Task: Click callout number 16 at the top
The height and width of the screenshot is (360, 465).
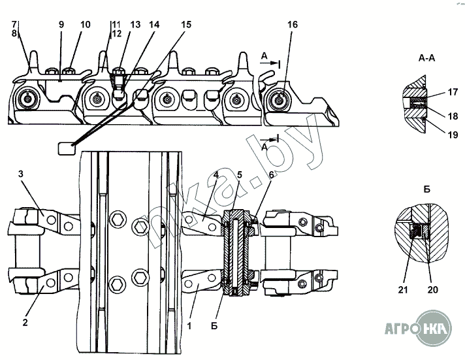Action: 293,25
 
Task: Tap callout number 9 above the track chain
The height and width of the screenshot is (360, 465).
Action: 61,25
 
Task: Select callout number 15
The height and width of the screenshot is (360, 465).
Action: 186,25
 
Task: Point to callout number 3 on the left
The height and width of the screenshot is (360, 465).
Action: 20,174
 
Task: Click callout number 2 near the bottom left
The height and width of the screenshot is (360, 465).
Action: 25,322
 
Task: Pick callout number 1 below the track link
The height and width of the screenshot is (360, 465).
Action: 189,325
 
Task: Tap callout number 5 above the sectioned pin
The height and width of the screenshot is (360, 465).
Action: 240,175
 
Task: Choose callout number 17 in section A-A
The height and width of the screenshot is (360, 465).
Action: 453,92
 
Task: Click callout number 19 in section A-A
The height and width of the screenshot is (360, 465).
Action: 453,135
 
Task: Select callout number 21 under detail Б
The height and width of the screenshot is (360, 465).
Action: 403,289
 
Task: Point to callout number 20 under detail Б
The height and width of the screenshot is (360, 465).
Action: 433,289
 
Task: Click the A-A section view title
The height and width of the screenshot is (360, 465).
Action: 426,58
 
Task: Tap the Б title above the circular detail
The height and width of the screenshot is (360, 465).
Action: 426,189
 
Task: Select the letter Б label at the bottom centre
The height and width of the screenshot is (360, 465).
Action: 214,326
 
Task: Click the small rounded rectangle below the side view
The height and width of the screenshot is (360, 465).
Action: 66,148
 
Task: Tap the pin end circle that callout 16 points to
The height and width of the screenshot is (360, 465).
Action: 279,101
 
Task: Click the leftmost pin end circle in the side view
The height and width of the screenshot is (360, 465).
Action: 28,99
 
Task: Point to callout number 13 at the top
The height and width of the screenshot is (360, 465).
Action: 135,25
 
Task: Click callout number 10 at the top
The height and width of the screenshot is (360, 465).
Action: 85,25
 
